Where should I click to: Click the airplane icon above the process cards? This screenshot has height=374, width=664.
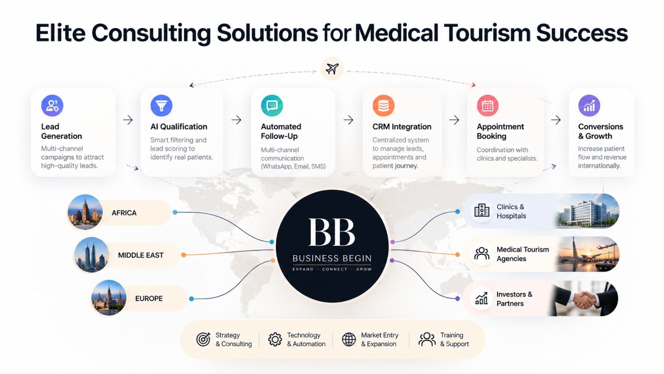pyautogui.click(x=332, y=69)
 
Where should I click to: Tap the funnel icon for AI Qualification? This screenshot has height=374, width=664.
pyautogui.click(x=161, y=106)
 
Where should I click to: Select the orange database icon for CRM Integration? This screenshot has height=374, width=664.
pyautogui.click(x=383, y=106)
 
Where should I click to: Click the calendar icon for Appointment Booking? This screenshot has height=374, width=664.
pyautogui.click(x=488, y=106)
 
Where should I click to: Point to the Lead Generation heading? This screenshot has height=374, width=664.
pyautogui.click(x=62, y=131)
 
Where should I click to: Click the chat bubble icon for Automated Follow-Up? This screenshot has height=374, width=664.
pyautogui.click(x=272, y=106)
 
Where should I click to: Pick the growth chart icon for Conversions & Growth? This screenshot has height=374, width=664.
pyautogui.click(x=589, y=106)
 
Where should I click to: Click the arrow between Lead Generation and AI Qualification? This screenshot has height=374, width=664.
pyautogui.click(x=128, y=120)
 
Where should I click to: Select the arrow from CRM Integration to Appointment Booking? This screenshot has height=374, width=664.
pyautogui.click(x=454, y=120)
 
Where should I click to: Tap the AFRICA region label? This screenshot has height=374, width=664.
pyautogui.click(x=124, y=213)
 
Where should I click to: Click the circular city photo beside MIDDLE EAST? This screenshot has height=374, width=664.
pyautogui.click(x=91, y=255)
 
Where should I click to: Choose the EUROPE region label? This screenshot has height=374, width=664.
pyautogui.click(x=149, y=298)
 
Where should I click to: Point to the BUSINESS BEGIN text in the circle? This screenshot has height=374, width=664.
pyautogui.click(x=332, y=258)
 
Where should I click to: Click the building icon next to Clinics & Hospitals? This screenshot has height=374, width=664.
pyautogui.click(x=482, y=210)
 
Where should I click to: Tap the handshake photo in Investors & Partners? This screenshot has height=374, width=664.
pyautogui.click(x=583, y=298)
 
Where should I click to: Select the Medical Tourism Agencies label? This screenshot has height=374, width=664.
pyautogui.click(x=522, y=254)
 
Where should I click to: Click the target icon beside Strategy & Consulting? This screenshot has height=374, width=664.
pyautogui.click(x=203, y=339)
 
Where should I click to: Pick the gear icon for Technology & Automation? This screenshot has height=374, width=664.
pyautogui.click(x=275, y=339)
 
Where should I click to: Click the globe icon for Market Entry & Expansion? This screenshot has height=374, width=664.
pyautogui.click(x=349, y=339)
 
